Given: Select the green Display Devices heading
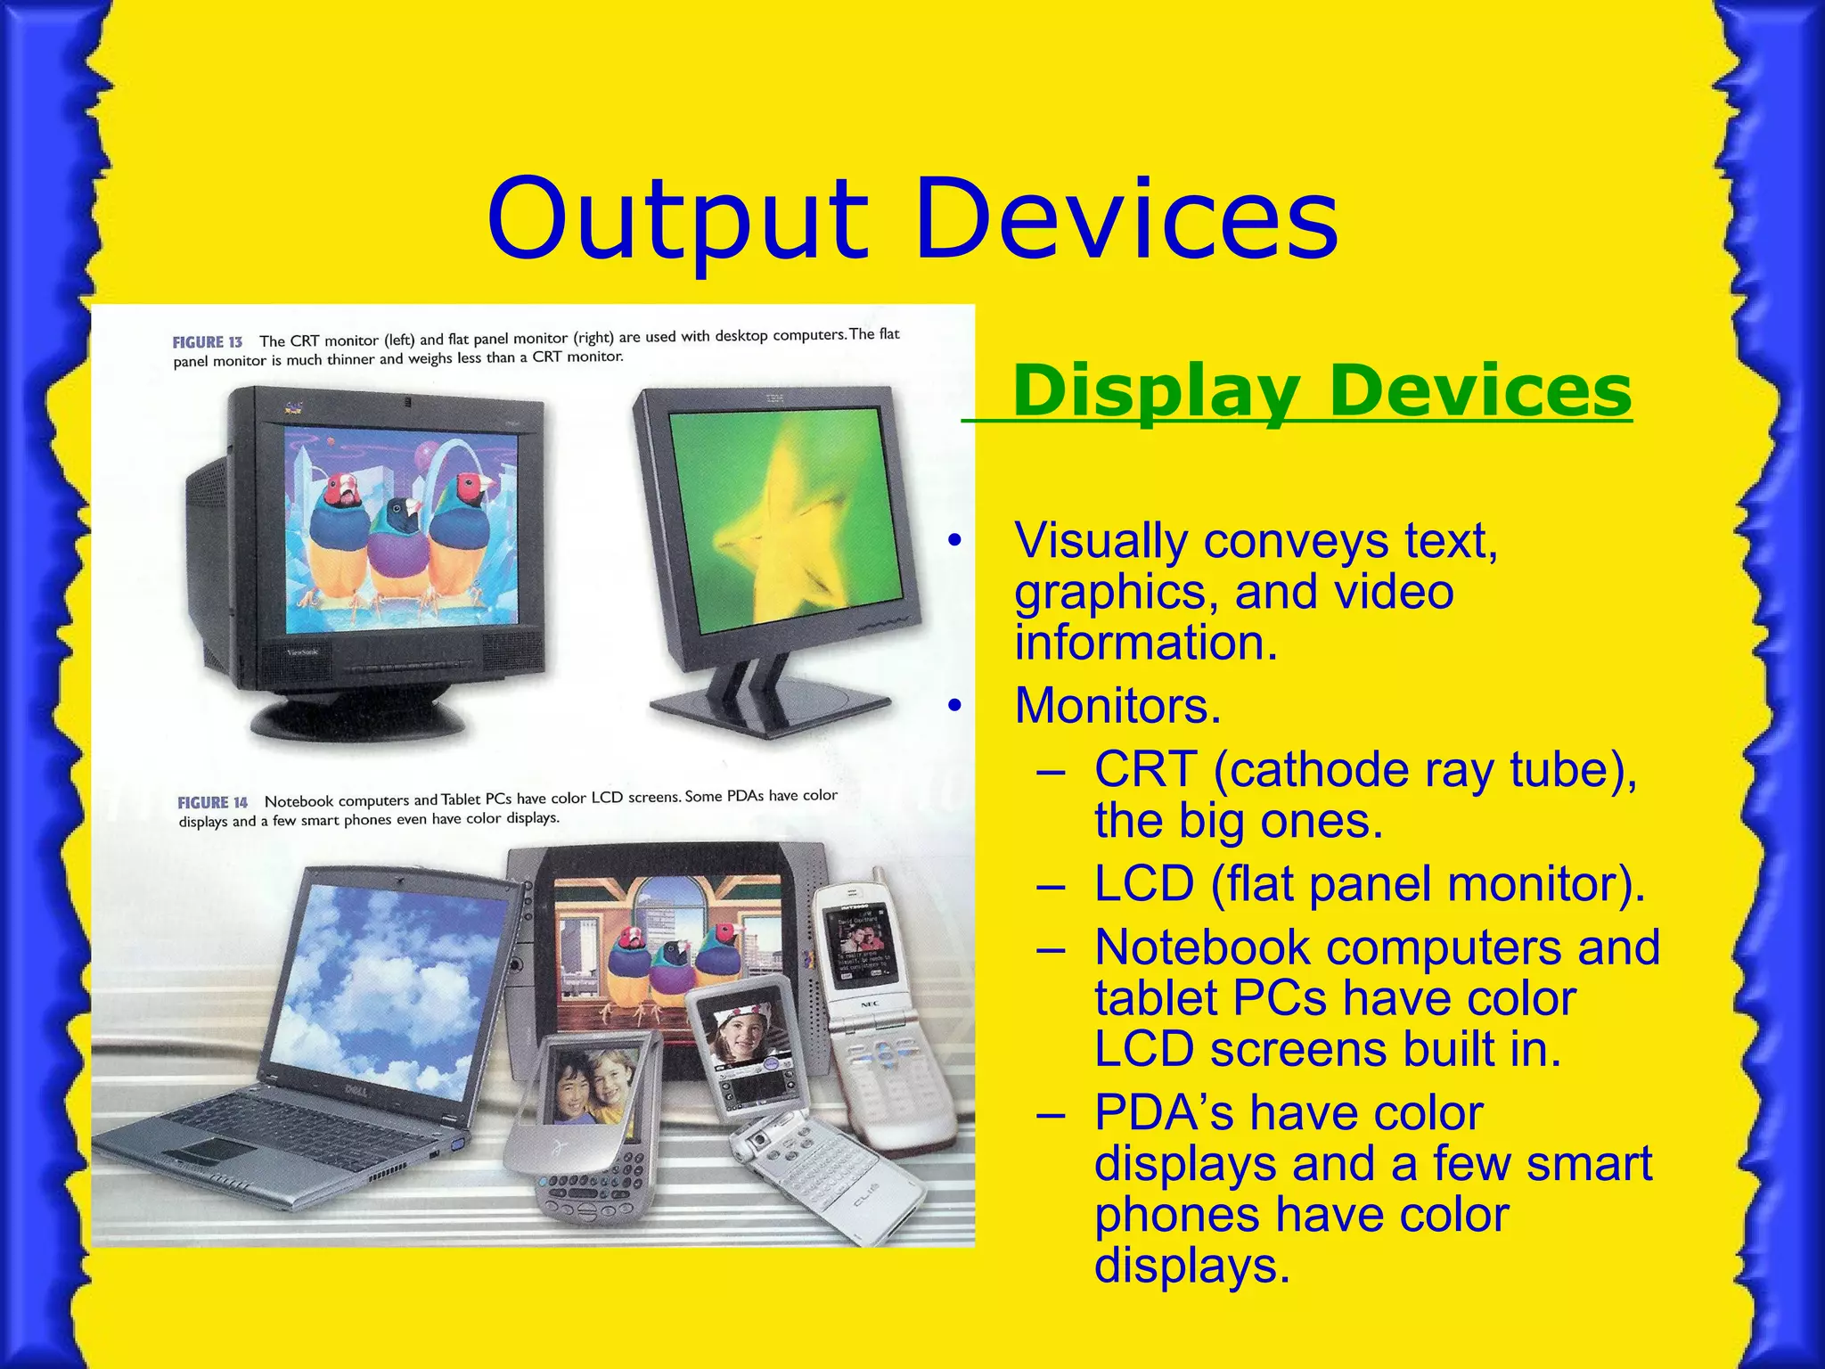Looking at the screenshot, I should click(1322, 392).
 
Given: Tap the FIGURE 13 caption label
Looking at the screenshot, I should click(208, 342).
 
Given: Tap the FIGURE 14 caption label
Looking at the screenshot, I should click(212, 803).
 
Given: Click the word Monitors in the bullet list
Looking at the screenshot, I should click(1117, 706).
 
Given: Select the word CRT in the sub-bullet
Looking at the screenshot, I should click(1144, 770).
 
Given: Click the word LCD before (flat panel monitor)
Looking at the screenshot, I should click(1143, 885).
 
